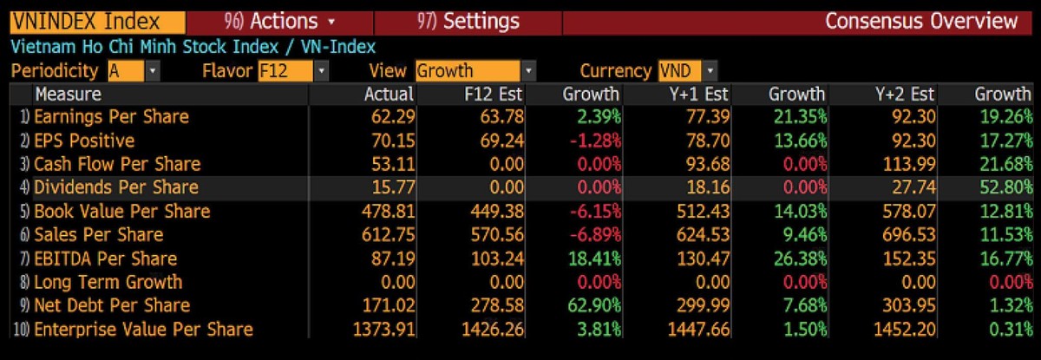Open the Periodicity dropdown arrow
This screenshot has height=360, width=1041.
[x=154, y=71]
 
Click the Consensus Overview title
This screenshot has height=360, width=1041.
[x=921, y=21]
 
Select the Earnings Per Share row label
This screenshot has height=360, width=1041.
[x=111, y=117]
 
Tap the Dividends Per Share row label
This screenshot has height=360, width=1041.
[x=116, y=187]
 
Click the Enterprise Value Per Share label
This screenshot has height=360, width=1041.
[x=143, y=329]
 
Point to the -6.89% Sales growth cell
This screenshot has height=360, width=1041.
[x=592, y=234]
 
